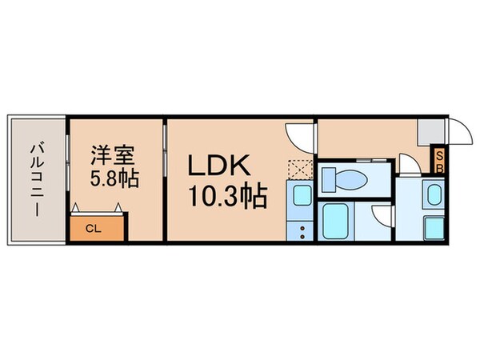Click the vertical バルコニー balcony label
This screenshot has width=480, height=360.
tap(36, 181)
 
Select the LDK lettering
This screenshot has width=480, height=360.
tap(220, 166)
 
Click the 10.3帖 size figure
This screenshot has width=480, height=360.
tap(226, 194)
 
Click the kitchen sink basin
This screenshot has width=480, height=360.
tap(302, 194)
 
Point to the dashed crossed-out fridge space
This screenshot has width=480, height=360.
tap(301, 170)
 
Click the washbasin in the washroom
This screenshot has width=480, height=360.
tap(434, 195)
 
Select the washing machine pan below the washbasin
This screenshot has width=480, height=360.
tap(434, 226)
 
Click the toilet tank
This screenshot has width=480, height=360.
tap(329, 178)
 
